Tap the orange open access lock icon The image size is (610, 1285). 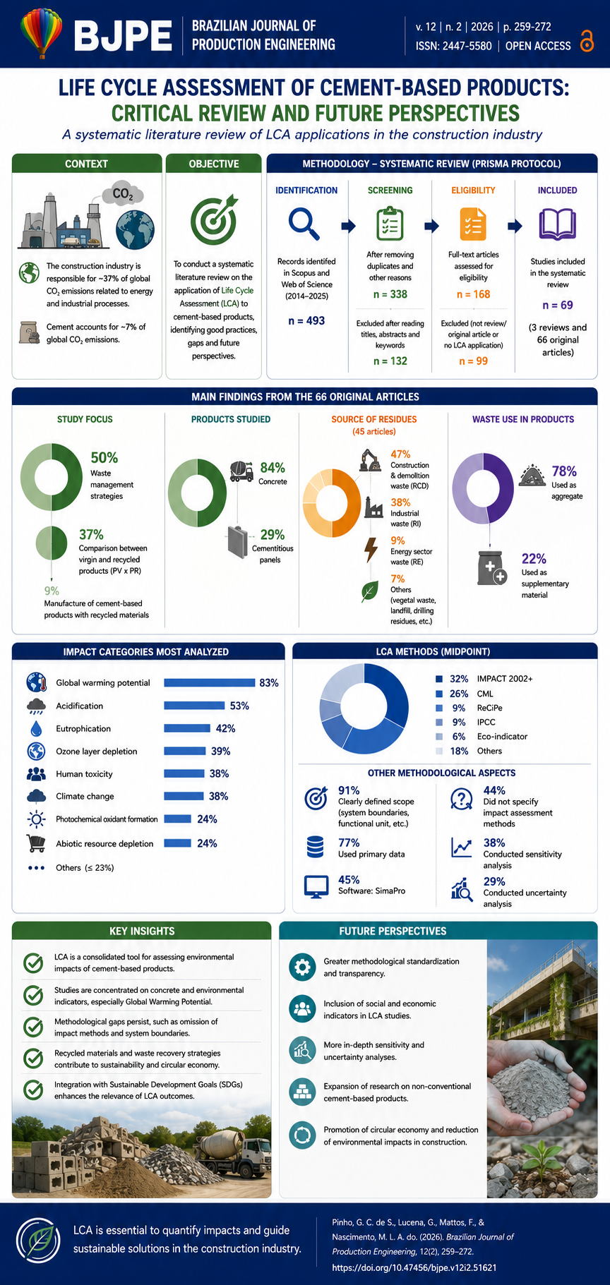[586, 41]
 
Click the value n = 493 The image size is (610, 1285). [306, 320]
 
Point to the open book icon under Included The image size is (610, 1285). [558, 224]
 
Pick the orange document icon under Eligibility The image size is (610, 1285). [473, 224]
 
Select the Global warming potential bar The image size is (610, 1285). [209, 682]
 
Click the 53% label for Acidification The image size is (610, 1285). [239, 706]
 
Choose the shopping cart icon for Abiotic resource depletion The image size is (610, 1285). [35, 843]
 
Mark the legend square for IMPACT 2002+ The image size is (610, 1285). [439, 679]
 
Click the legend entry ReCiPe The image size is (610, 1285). [490, 708]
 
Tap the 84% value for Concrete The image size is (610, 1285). [273, 468]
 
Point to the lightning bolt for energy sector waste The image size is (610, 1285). [370, 549]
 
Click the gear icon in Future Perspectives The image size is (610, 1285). [302, 967]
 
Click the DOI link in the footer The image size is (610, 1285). [414, 1267]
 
